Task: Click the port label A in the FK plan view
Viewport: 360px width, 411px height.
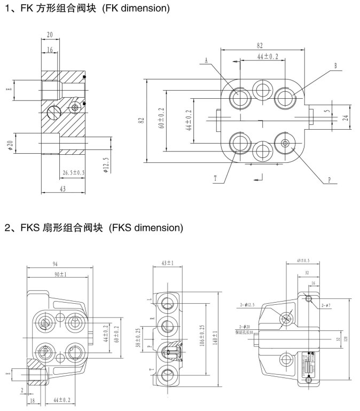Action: [206, 60]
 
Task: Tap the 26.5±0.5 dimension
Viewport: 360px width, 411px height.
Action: [74, 172]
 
